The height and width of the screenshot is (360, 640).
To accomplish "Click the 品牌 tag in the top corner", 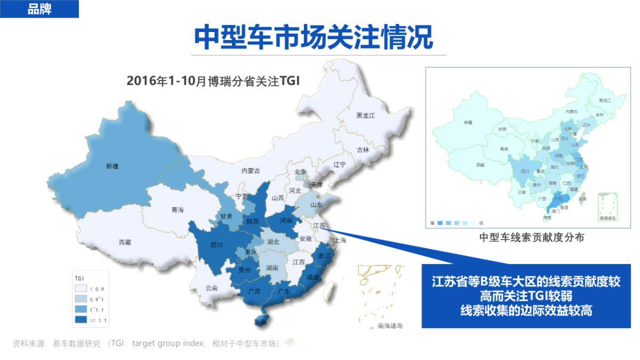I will (39, 9).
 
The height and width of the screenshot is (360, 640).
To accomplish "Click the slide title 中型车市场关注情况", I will (313, 36).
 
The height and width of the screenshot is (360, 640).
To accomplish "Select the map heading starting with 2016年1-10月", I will (213, 81).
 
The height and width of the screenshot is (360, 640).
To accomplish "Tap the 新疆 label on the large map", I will (112, 166).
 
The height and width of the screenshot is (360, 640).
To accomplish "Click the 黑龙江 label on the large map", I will (366, 115).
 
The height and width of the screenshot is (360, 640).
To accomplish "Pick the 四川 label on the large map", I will (217, 245).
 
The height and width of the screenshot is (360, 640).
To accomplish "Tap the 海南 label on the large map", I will (260, 323).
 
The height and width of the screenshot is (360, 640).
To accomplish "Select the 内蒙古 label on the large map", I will (251, 171).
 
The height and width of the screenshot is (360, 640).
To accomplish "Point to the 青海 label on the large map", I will (178, 210).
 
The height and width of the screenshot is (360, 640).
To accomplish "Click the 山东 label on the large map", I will (316, 205).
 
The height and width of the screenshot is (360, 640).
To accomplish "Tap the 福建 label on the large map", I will (314, 278).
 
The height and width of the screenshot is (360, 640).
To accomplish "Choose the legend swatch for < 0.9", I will (82, 289).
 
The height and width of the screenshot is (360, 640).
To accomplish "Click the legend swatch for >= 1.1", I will (82, 320).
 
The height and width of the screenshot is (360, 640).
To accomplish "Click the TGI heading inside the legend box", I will (79, 278).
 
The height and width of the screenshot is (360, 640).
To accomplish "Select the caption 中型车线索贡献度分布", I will (531, 238).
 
